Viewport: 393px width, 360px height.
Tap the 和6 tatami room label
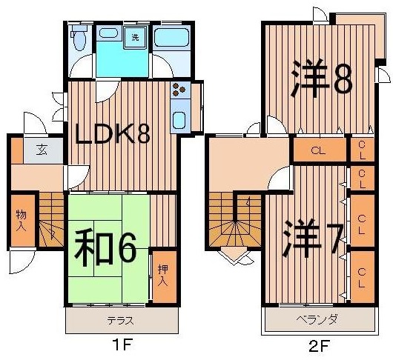click(x=105, y=249)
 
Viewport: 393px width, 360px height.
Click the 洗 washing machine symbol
click(x=136, y=37)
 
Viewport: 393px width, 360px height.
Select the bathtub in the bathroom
click(x=171, y=37)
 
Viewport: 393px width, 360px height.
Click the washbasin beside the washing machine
click(x=108, y=33)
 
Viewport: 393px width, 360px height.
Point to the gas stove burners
click(x=179, y=90)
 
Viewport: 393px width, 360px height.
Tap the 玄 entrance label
click(x=43, y=150)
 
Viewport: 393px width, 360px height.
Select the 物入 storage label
click(x=22, y=221)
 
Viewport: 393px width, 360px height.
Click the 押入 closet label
click(x=164, y=276)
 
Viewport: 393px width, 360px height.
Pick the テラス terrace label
click(x=120, y=321)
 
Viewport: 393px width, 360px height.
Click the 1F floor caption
click(x=122, y=345)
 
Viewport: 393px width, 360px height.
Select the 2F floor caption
click(x=319, y=345)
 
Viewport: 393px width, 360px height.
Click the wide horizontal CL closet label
click(x=318, y=150)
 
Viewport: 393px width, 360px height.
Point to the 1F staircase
click(x=51, y=219)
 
